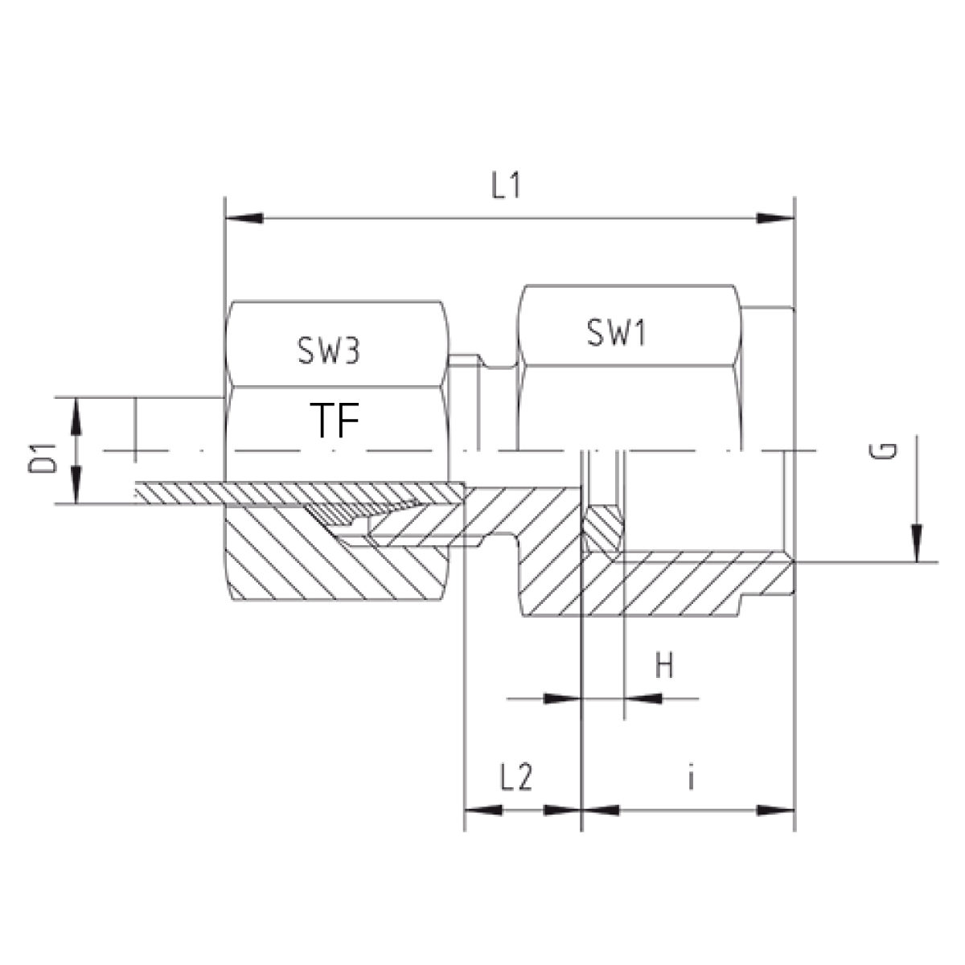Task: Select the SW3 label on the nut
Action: (329, 350)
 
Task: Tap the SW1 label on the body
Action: (617, 332)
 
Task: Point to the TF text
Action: (335, 420)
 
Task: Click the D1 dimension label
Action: (42, 458)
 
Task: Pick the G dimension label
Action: (883, 450)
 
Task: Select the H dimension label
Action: (664, 666)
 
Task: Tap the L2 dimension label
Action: (516, 778)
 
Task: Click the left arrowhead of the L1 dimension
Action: (244, 219)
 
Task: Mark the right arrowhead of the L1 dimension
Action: (775, 219)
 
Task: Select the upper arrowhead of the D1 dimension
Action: (76, 417)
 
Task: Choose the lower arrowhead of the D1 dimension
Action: (76, 485)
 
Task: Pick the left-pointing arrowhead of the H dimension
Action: (643, 698)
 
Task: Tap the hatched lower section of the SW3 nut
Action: (335, 566)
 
